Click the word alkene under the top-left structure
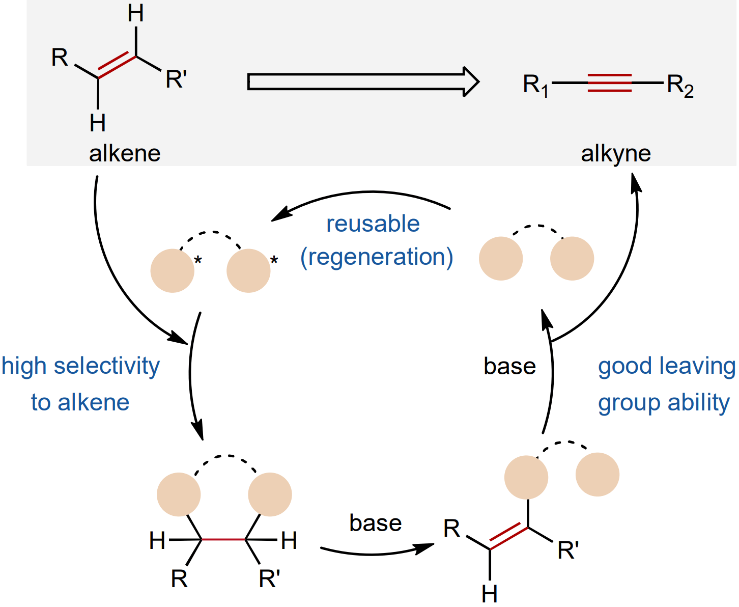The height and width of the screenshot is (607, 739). [125, 153]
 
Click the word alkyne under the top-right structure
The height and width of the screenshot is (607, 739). [616, 153]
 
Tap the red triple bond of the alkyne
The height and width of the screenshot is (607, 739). [609, 82]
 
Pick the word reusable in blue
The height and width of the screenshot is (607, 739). [373, 224]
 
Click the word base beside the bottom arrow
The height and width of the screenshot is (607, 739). [376, 523]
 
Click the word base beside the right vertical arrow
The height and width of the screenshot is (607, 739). [509, 366]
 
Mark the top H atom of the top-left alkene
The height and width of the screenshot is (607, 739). [136, 14]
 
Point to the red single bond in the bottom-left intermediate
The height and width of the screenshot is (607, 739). [224, 539]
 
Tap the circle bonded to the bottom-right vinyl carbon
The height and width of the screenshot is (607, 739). [526, 477]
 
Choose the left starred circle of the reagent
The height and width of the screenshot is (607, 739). [172, 271]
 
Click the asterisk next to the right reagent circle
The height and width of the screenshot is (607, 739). [274, 261]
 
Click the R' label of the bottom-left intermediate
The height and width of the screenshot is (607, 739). [269, 579]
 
